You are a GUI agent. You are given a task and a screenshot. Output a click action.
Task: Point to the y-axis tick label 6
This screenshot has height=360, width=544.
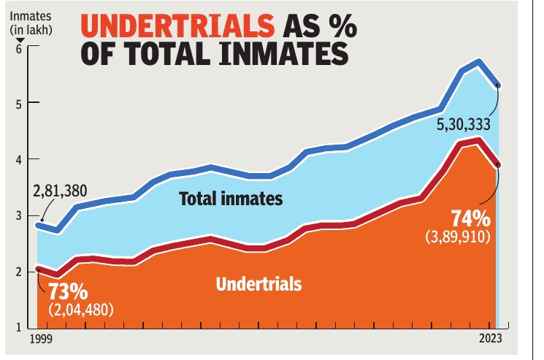click(x=19, y=48)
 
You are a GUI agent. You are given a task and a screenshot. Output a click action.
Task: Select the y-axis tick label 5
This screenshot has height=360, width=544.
click(x=19, y=103)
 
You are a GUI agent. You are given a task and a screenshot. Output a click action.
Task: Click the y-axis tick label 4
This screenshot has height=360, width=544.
click(x=19, y=159)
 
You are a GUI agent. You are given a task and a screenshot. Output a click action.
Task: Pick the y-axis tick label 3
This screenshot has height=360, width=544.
click(x=19, y=215)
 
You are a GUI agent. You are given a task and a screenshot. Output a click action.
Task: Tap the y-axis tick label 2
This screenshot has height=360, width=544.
click(x=19, y=272)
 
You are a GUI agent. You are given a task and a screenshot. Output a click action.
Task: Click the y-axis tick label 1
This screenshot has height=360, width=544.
click(x=19, y=328)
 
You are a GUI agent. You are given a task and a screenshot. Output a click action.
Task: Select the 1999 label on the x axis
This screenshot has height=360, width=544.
click(x=40, y=340)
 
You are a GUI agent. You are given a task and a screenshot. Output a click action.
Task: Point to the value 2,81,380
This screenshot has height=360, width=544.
click(x=60, y=191)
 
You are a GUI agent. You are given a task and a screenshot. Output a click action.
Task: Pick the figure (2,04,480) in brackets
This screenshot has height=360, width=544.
click(x=82, y=309)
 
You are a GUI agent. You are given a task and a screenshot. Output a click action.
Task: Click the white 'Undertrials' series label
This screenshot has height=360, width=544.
click(x=258, y=284)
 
